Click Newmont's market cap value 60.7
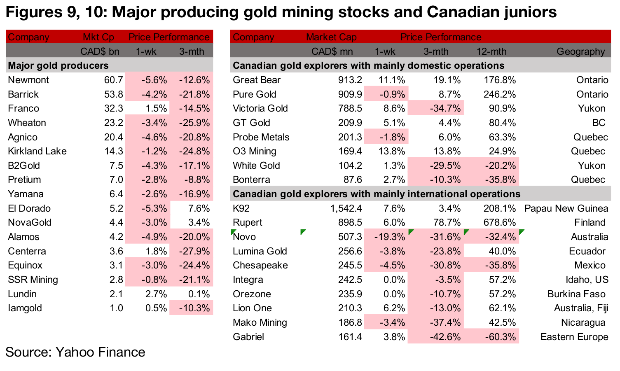point(113,80)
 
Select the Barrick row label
point(23,94)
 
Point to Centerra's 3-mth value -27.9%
point(194,251)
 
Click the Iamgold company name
point(25,308)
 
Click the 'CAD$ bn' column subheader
point(100,51)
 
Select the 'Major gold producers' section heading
point(58,66)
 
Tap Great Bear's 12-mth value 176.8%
point(499,80)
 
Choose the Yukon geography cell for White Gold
point(592,166)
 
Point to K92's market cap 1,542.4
point(346,208)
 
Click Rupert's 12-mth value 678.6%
point(499,223)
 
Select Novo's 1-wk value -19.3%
point(389,237)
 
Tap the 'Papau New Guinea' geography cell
point(566,208)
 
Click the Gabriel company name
point(248,337)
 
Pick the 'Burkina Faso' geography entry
point(576,294)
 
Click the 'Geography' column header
point(580,51)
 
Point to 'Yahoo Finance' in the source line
point(100,352)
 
